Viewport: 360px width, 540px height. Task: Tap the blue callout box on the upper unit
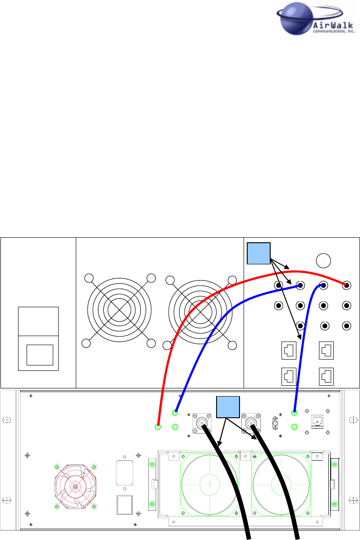point(259,253)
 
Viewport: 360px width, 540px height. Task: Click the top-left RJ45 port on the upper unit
point(289,350)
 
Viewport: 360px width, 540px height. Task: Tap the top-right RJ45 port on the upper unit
point(326,350)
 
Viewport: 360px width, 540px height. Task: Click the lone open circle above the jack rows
point(323,260)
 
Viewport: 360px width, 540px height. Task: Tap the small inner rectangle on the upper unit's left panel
point(40,355)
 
